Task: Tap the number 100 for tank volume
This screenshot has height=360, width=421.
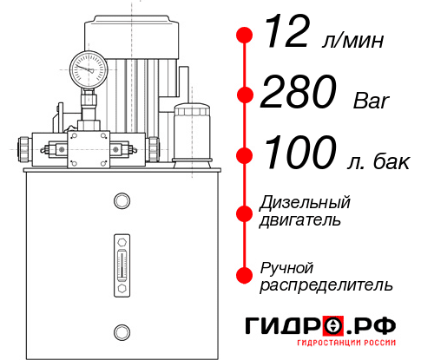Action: tap(300, 154)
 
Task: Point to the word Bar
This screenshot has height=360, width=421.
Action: tap(372, 100)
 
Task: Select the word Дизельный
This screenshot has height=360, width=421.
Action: tap(306, 203)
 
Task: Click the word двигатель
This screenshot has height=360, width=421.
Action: tap(300, 220)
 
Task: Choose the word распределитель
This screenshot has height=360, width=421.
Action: tap(326, 285)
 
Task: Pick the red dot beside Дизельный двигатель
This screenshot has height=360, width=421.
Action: tap(246, 212)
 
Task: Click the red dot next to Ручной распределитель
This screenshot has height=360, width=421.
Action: tap(246, 274)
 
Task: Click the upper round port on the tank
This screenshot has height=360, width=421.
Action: tap(121, 200)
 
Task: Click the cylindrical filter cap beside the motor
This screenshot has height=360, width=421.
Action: tap(191, 130)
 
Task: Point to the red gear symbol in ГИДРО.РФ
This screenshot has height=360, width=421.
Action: tap(332, 327)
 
